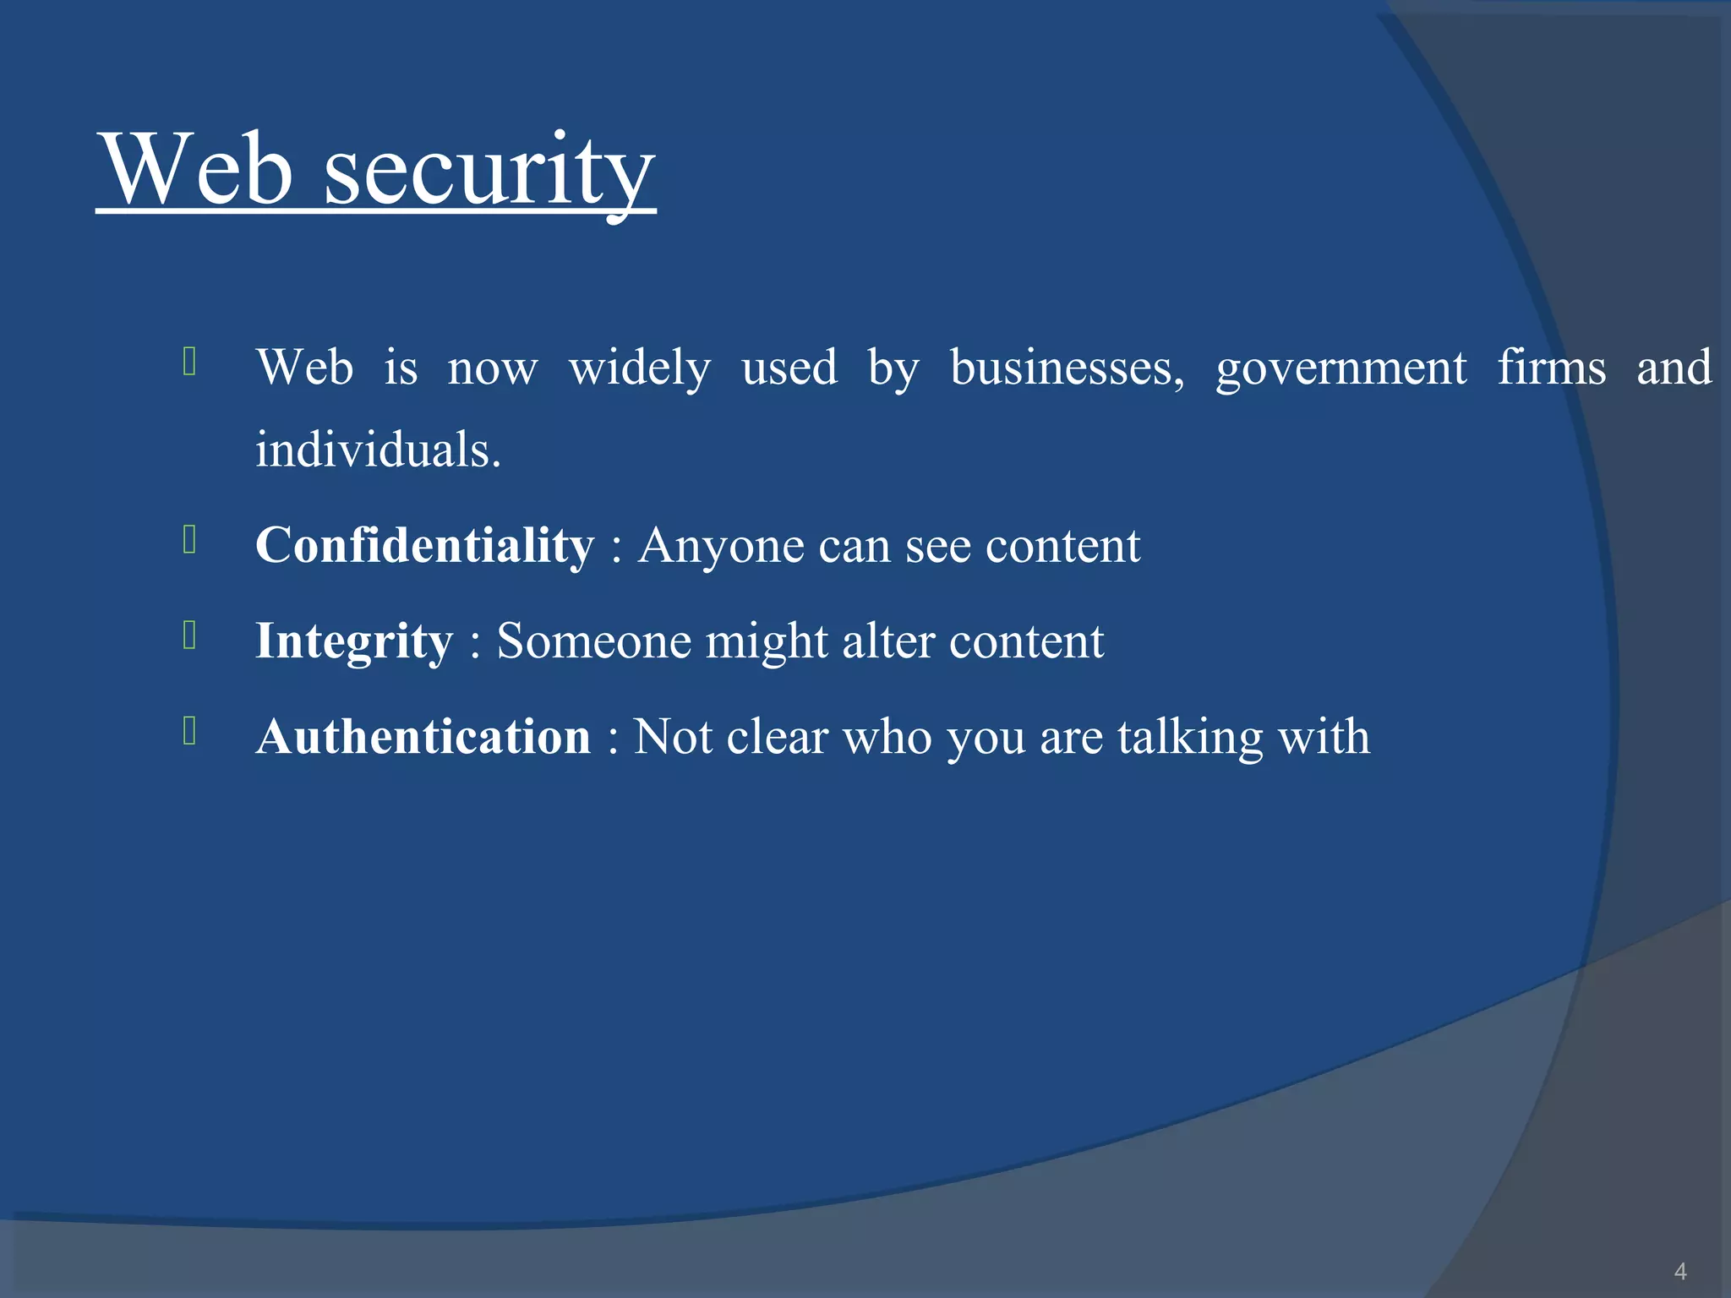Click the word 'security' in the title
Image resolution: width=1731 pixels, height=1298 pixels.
click(489, 172)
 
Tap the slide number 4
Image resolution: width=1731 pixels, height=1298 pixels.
click(1679, 1271)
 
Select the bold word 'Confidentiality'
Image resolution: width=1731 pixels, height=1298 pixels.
click(424, 545)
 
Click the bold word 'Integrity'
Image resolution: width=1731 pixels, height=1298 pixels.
click(354, 641)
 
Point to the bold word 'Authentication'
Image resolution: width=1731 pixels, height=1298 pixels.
click(423, 737)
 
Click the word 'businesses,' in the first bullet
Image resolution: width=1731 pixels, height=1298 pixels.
click(1068, 368)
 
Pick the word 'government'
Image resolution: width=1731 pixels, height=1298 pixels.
click(1341, 368)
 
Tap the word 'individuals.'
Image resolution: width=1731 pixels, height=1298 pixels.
click(379, 450)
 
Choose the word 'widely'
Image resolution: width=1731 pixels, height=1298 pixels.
click(640, 368)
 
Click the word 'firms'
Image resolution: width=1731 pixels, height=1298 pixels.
click(1552, 368)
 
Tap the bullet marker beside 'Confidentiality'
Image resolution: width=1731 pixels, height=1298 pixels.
click(189, 540)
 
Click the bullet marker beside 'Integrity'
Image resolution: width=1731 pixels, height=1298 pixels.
click(189, 635)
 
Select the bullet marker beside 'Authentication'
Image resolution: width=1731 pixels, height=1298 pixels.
click(189, 731)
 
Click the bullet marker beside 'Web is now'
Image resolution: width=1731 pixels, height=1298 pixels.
click(189, 361)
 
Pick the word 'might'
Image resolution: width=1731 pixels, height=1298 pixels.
click(767, 641)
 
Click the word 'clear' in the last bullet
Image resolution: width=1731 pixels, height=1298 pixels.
click(777, 737)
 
